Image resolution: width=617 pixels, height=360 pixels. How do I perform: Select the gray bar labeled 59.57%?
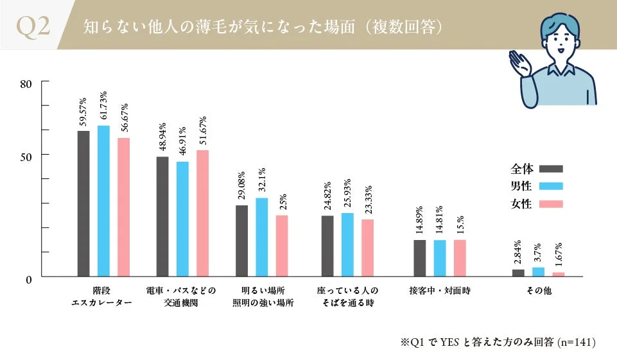coord(83,203)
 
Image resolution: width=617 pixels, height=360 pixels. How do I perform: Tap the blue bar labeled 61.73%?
coord(103,201)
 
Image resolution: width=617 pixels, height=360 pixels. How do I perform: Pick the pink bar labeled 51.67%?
coord(202,213)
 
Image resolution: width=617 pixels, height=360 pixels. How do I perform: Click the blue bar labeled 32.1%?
coord(262,237)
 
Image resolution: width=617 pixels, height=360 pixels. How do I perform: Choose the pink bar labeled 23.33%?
coord(368,248)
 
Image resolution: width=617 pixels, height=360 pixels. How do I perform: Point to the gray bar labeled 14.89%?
coord(420,258)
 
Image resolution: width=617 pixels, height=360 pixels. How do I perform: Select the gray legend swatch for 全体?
coord(551,169)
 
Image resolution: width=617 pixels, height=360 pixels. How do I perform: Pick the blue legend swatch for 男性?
coord(551,187)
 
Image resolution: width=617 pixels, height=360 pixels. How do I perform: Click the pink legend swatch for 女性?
coord(551,204)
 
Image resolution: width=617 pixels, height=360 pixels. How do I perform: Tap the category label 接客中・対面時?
coord(440,291)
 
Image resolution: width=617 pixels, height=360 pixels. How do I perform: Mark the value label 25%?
coord(282,203)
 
